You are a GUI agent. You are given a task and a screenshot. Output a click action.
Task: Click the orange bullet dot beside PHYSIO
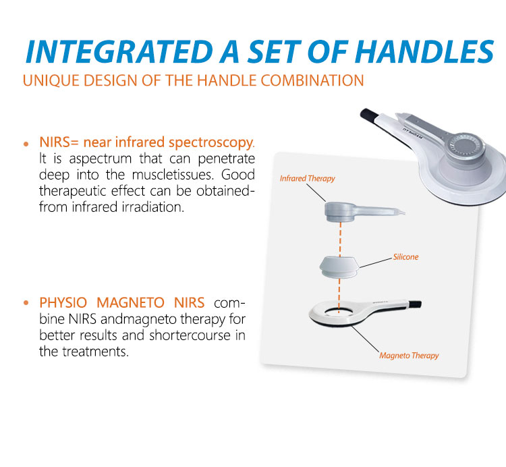coord(26,302)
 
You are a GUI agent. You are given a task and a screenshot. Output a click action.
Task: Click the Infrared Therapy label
coord(308,179)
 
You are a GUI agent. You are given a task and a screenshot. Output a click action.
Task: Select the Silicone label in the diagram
coord(405,257)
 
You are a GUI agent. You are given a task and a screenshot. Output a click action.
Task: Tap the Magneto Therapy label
coord(409,355)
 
